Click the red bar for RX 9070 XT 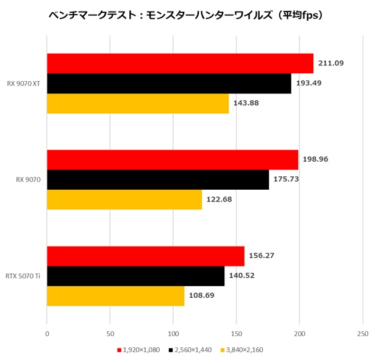(x=180, y=63)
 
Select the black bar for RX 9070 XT (x=169, y=84)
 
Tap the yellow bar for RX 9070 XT (x=138, y=104)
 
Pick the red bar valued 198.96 (x=173, y=160)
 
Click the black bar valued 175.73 (x=158, y=179)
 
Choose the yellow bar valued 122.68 (x=124, y=200)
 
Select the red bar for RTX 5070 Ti (x=146, y=256)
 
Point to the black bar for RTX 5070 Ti (x=135, y=276)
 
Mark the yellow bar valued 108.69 (x=116, y=296)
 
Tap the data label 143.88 (x=246, y=104)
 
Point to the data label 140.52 (x=241, y=276)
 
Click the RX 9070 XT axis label (x=24, y=84)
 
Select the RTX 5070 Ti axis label (x=23, y=276)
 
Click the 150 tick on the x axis (x=237, y=334)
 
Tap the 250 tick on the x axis (x=363, y=334)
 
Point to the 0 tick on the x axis (x=47, y=334)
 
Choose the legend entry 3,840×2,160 (x=244, y=350)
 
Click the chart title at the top (x=185, y=15)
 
